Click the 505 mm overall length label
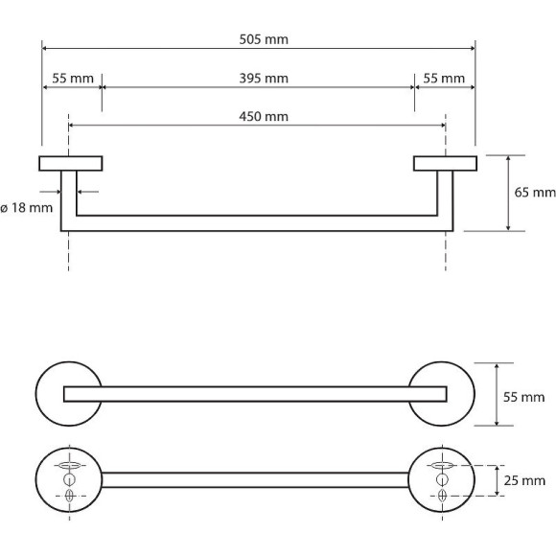[264, 39]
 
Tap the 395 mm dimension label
[264, 79]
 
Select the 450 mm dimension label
[264, 117]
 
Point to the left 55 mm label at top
[73, 79]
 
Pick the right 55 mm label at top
[444, 79]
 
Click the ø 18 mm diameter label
[27, 208]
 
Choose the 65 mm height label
[535, 193]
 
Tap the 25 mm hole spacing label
[524, 481]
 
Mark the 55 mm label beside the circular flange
[523, 397]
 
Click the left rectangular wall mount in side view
[71, 164]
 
